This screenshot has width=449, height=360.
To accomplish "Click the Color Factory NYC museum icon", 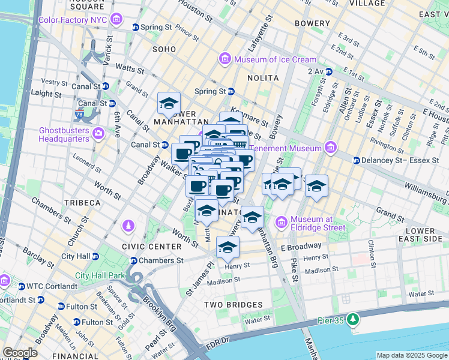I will (118, 20).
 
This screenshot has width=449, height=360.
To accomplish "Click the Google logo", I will (20, 353).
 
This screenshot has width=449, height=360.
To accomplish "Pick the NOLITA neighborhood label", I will (263, 78).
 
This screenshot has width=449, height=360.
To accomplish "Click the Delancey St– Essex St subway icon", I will (356, 160).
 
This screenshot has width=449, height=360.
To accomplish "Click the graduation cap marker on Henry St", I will (228, 247).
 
